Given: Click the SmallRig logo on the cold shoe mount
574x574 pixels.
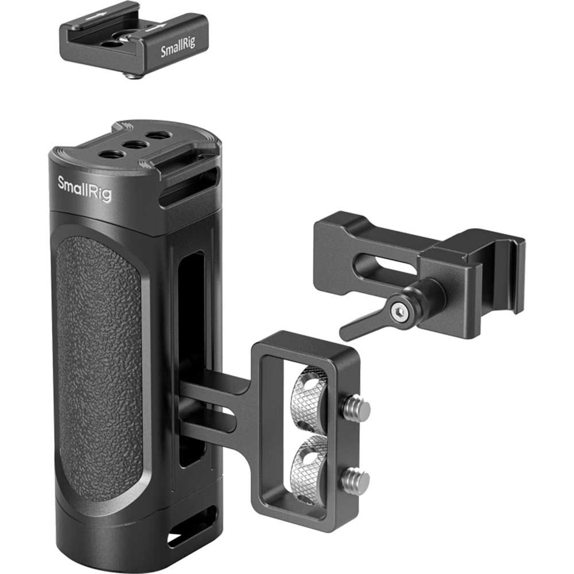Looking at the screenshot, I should click(177, 50).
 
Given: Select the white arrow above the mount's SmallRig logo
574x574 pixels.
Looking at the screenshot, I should click(158, 26).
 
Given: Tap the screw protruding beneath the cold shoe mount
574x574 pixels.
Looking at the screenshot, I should click(133, 75).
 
